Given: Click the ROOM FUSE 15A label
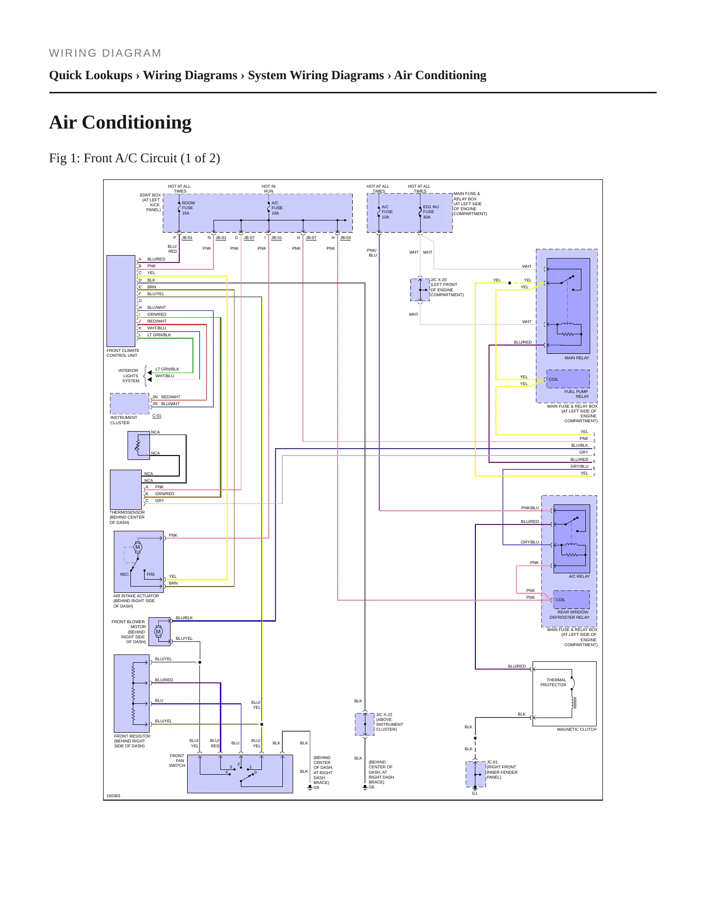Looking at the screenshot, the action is click(188, 208).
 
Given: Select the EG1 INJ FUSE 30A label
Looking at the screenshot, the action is click(430, 212).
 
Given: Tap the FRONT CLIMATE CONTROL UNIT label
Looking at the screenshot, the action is click(123, 353).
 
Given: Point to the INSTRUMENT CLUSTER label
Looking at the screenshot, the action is click(124, 420).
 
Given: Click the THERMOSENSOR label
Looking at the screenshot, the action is click(127, 512).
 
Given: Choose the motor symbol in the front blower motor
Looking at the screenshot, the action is click(158, 631).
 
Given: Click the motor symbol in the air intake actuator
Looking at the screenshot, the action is click(138, 547).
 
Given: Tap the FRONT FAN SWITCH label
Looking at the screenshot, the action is click(177, 761).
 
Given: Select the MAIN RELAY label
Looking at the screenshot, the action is click(577, 358).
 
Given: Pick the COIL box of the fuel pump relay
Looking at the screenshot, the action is click(568, 379).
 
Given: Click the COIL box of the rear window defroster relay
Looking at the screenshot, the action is click(571, 599).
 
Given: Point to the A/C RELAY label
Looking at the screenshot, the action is click(579, 576).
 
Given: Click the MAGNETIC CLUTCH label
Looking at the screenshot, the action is click(577, 729).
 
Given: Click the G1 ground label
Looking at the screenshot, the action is click(474, 793).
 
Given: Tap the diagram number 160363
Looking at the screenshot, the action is click(113, 796).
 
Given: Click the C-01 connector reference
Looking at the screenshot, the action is click(157, 415).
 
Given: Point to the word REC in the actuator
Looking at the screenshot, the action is click(125, 574).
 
